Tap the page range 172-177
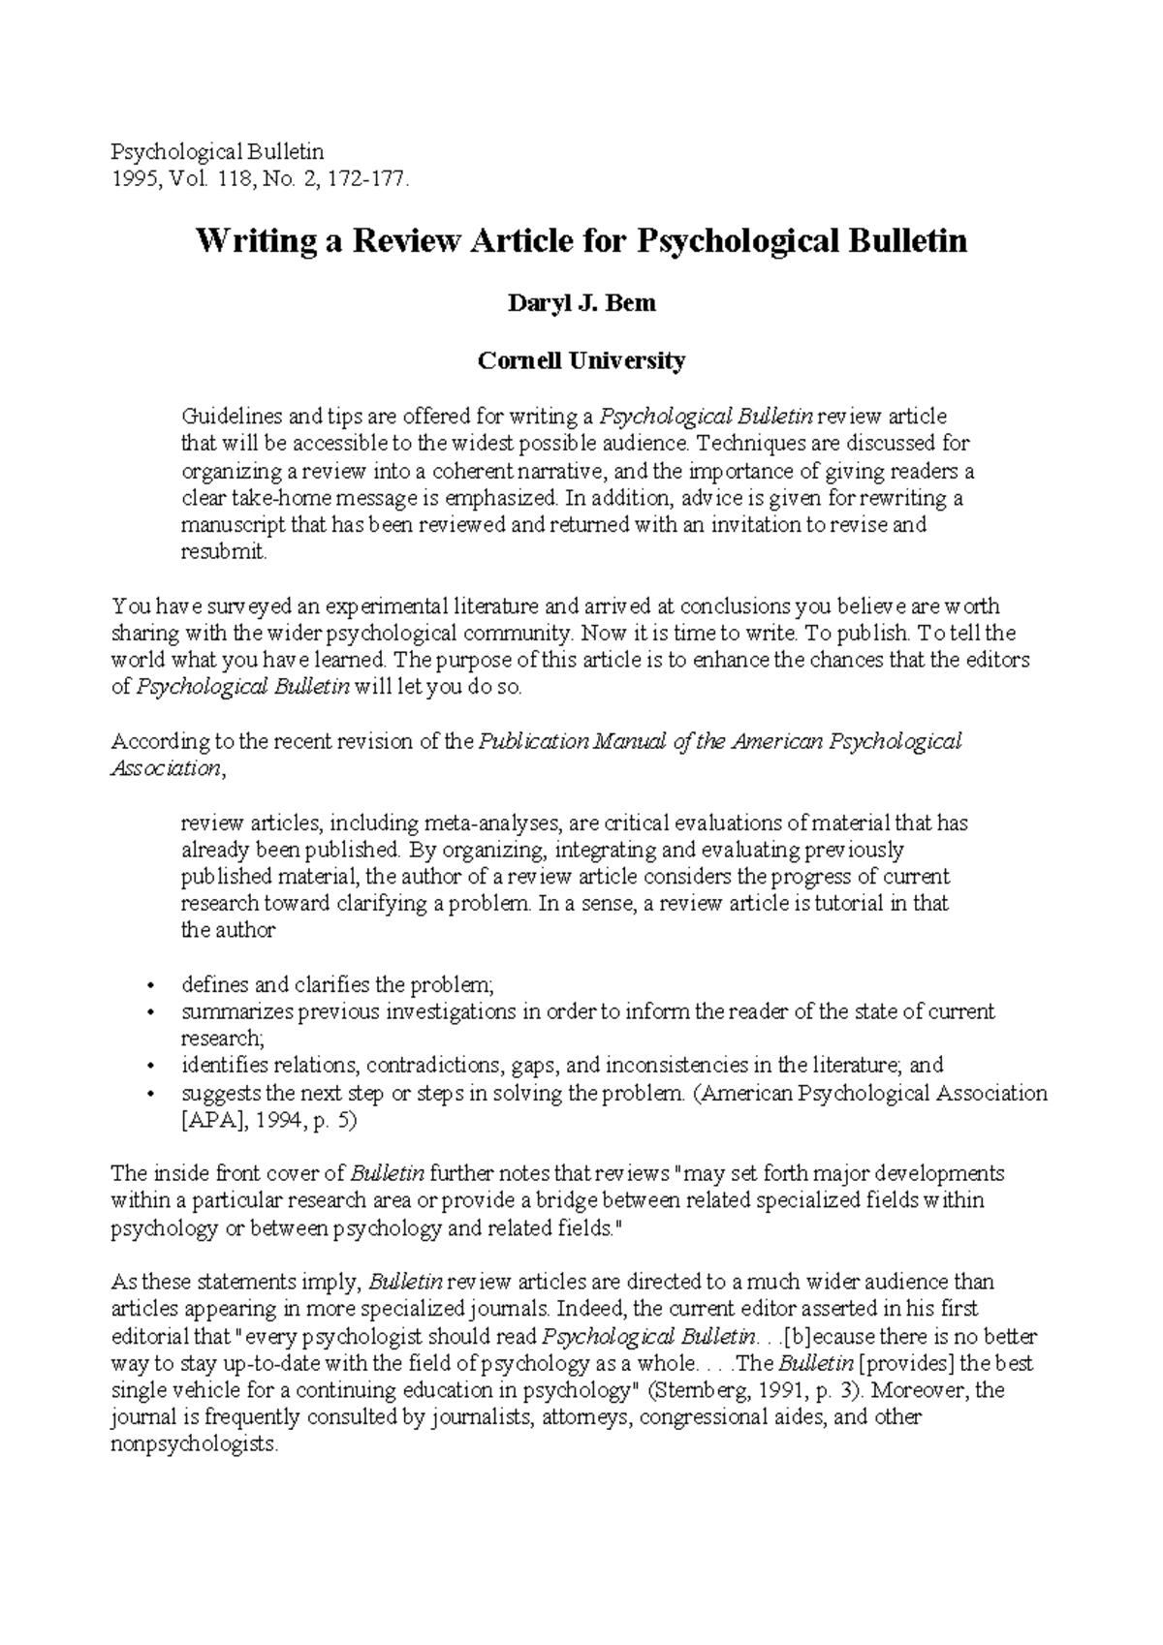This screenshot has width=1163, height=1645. (368, 179)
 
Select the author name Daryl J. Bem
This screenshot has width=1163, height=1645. (581, 303)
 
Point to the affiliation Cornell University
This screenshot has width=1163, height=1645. (581, 361)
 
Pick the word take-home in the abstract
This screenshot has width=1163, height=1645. (252, 499)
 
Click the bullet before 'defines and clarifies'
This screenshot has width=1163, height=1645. (149, 986)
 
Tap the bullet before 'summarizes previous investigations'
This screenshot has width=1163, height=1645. (149, 1012)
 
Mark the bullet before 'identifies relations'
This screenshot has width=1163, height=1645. (149, 1066)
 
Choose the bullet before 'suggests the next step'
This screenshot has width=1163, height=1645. (149, 1094)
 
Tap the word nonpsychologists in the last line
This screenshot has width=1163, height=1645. (194, 1444)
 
